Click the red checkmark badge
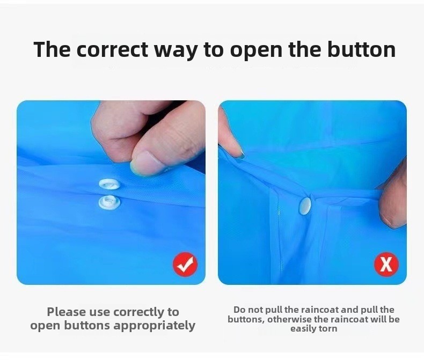pyautogui.click(x=185, y=265)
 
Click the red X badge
pyautogui.click(x=386, y=265)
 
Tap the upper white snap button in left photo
pyautogui.click(x=109, y=185)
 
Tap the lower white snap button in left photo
pyautogui.click(x=109, y=202)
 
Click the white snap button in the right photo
pyautogui.click(x=305, y=206)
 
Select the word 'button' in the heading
pyautogui.click(x=362, y=49)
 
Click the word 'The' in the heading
pyautogui.click(x=52, y=49)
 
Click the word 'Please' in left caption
pyautogui.click(x=66, y=312)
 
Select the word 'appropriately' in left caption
pyautogui.click(x=155, y=326)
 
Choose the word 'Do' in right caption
pyautogui.click(x=239, y=310)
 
